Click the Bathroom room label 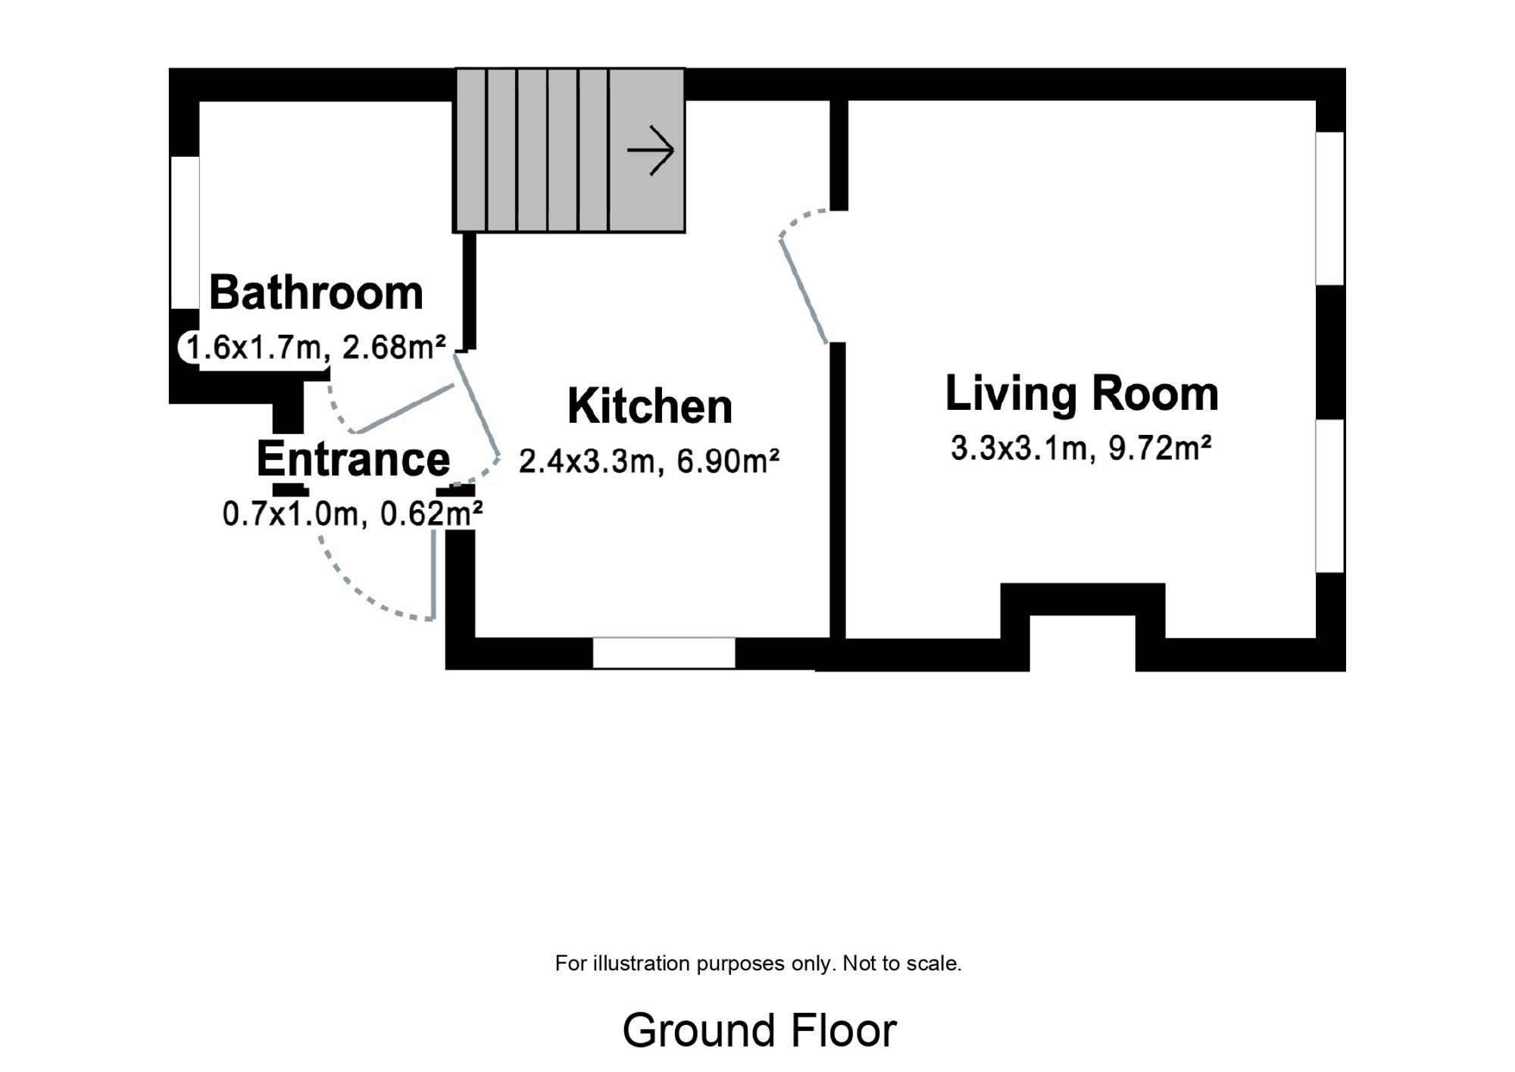point(316,292)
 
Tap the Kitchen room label point(650,407)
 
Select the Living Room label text point(1082,394)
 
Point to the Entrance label point(353,459)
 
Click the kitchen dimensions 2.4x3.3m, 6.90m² point(649,461)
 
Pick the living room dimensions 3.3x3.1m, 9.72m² point(1081,448)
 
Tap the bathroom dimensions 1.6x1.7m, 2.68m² point(316,348)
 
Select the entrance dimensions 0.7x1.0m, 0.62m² point(353,514)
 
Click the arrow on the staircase point(651,150)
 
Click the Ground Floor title point(759,1030)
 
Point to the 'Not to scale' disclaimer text point(902,964)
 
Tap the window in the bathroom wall point(185,233)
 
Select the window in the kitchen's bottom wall point(664,653)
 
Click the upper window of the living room point(1330,208)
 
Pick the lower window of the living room point(1330,496)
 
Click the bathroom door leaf point(405,409)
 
